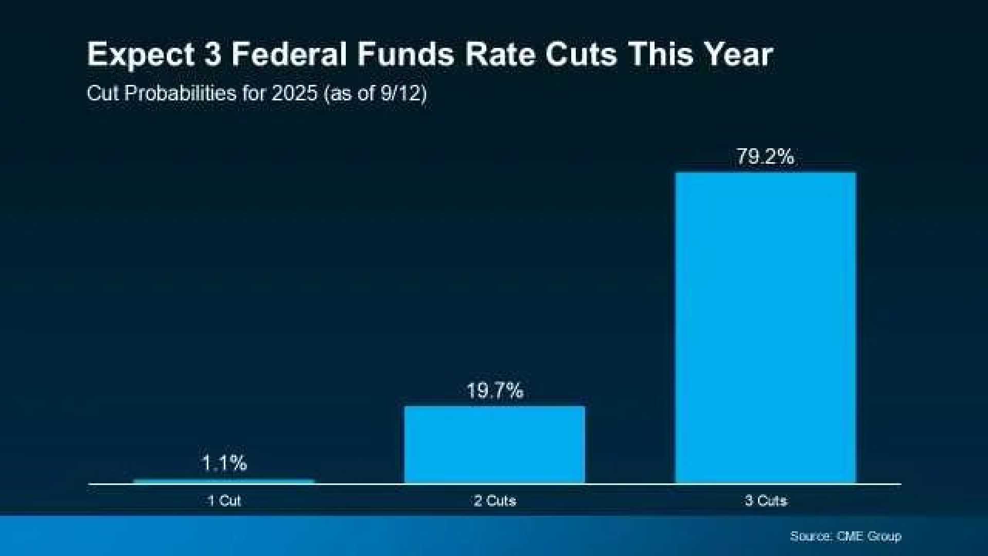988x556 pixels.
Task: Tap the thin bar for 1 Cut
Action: click(224, 481)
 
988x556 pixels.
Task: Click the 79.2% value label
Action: click(765, 157)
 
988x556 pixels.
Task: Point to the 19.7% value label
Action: click(495, 391)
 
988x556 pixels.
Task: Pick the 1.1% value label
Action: click(224, 463)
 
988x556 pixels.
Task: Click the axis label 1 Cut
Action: click(224, 500)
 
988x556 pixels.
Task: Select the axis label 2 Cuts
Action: click(495, 500)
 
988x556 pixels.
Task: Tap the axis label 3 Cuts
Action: click(766, 500)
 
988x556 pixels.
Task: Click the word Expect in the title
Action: click(141, 55)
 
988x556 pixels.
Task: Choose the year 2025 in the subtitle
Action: click(294, 94)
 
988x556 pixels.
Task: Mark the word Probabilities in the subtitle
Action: click(180, 94)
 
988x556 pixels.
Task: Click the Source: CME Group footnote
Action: click(845, 536)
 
